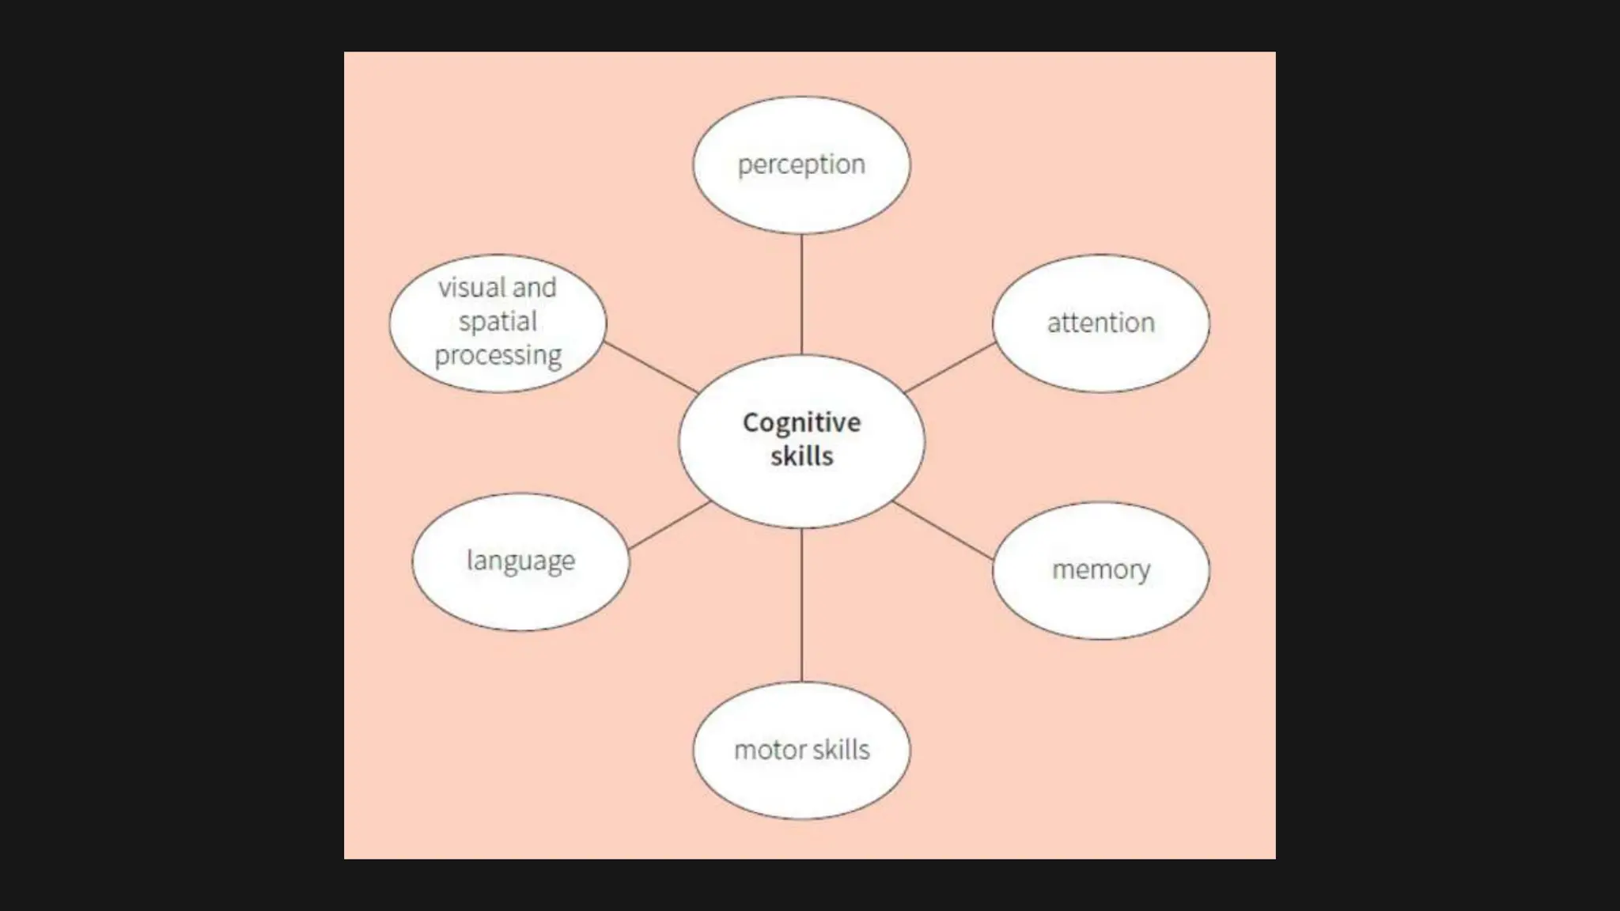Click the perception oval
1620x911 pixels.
[801, 164]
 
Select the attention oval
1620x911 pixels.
[1100, 323]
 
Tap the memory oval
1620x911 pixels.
[1100, 570]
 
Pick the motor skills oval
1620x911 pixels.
[801, 750]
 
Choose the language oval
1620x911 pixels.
[520, 561]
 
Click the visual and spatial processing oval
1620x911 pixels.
[498, 323]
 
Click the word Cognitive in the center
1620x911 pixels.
[801, 423]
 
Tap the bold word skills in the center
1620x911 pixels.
[801, 456]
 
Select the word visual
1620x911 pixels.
[472, 288]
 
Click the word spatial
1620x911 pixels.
[498, 322]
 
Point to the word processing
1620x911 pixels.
[498, 356]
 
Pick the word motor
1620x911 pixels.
[764, 750]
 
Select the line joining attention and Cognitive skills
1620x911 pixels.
[950, 368]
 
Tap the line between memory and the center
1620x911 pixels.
[943, 531]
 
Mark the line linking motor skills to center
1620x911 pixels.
[801, 605]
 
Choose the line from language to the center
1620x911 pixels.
[669, 526]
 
